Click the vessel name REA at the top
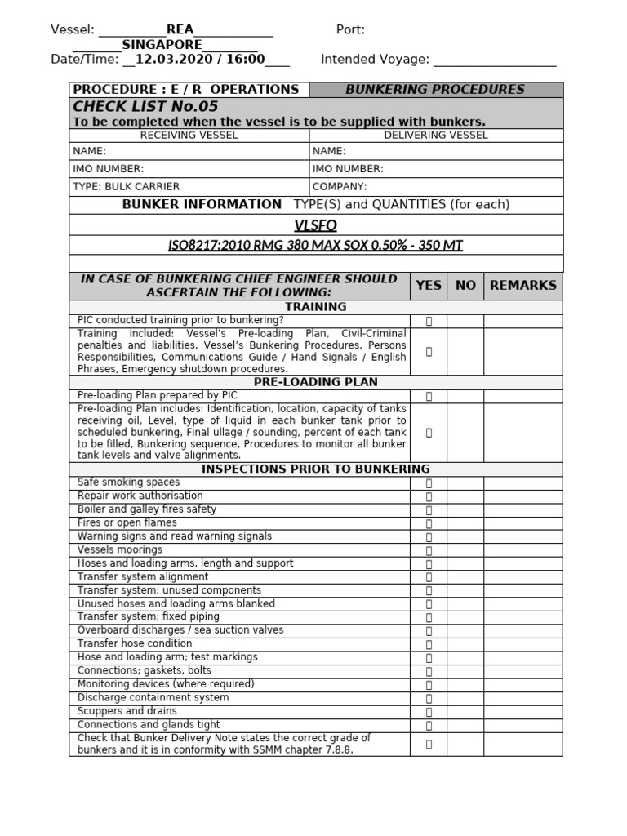click(x=180, y=30)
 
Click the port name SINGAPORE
click(x=162, y=45)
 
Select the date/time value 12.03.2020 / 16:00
click(x=200, y=59)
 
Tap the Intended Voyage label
click(x=375, y=59)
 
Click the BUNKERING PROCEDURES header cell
click(x=435, y=90)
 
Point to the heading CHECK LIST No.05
click(x=145, y=107)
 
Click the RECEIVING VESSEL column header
click(x=189, y=136)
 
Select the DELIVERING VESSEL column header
click(x=436, y=136)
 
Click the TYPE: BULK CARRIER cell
click(x=127, y=187)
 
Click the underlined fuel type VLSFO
click(x=315, y=225)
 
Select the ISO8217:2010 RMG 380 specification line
click(x=315, y=246)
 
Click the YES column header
click(x=428, y=286)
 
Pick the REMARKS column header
click(x=522, y=286)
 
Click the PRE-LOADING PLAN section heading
click(x=315, y=382)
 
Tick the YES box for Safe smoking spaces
click(x=429, y=483)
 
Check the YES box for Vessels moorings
click(x=429, y=550)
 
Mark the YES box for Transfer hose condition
click(x=429, y=644)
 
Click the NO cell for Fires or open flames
click(x=465, y=523)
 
